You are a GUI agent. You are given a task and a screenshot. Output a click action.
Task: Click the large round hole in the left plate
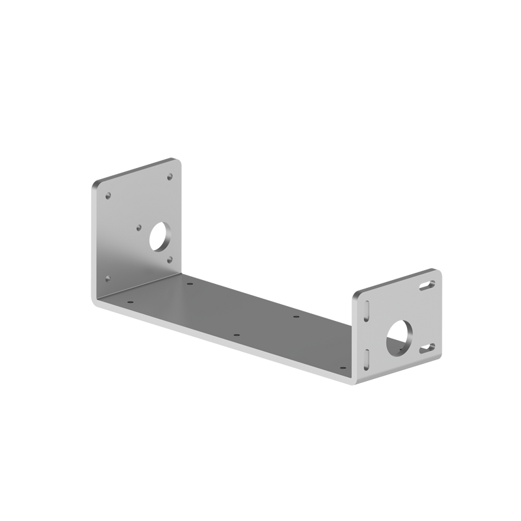click(x=159, y=237)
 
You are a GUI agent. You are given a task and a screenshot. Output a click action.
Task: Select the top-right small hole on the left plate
click(x=171, y=176)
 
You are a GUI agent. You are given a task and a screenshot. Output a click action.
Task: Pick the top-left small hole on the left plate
click(x=109, y=194)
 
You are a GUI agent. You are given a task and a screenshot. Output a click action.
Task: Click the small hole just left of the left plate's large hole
click(x=139, y=227)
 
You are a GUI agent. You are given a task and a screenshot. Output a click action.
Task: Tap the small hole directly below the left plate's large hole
click(x=170, y=259)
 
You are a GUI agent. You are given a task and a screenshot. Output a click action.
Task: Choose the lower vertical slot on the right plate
click(x=367, y=357)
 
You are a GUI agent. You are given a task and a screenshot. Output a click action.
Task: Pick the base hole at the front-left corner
click(x=130, y=302)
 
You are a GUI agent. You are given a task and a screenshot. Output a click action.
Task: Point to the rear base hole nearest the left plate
click(x=190, y=284)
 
